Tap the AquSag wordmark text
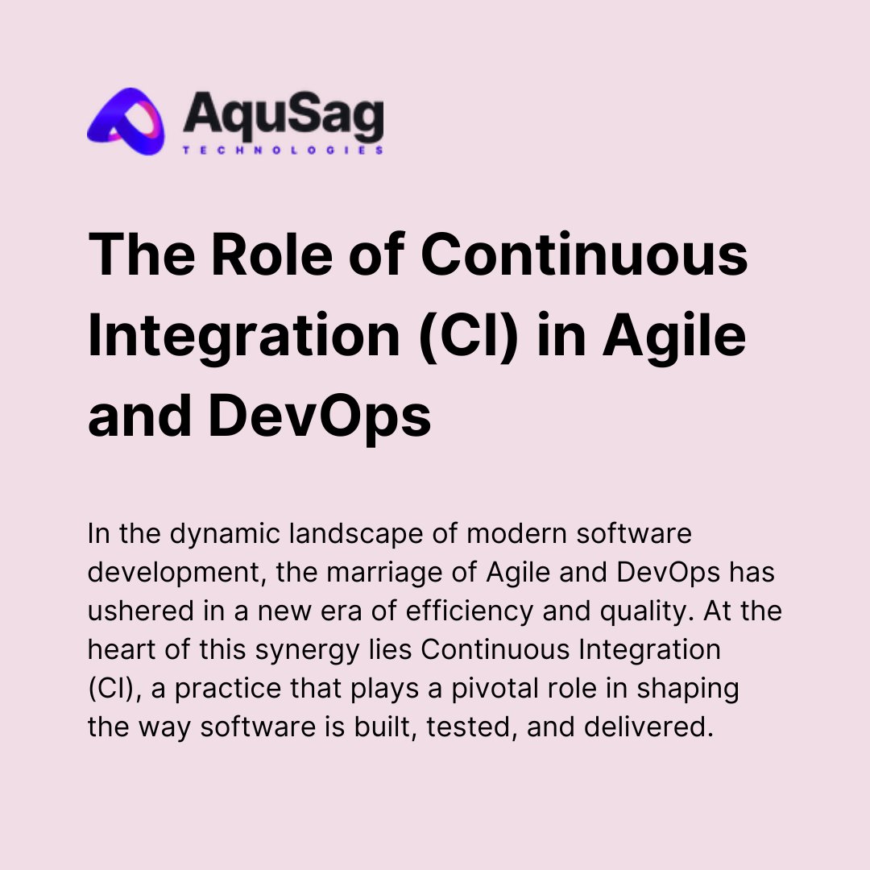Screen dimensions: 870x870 pyautogui.click(x=283, y=114)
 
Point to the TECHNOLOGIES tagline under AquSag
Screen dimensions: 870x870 pyautogui.click(x=283, y=150)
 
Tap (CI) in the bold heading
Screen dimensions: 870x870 pyautogui.click(x=461, y=337)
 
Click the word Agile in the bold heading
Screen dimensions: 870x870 pyautogui.click(x=674, y=337)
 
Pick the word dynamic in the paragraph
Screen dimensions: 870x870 pyautogui.click(x=209, y=535)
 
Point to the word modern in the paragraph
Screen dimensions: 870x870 pyautogui.click(x=516, y=535)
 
